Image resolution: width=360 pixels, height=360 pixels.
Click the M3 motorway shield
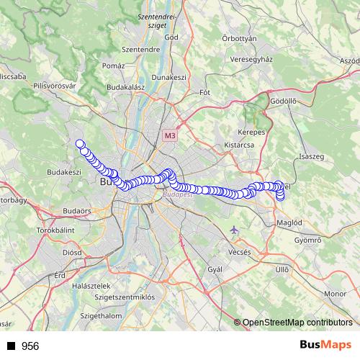pyautogui.click(x=169, y=135)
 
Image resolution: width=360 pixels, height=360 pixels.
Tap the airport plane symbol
pyautogui.click(x=233, y=230)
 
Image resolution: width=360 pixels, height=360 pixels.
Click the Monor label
pyautogui.click(x=335, y=294)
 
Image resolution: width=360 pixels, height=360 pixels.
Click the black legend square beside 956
pyautogui.click(x=11, y=346)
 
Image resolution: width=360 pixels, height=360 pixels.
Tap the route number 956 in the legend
pyautogui.click(x=30, y=346)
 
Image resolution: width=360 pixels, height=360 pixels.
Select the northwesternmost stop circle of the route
pyautogui.click(x=80, y=143)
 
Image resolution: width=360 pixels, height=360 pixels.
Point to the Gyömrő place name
pyautogui.click(x=309, y=239)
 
